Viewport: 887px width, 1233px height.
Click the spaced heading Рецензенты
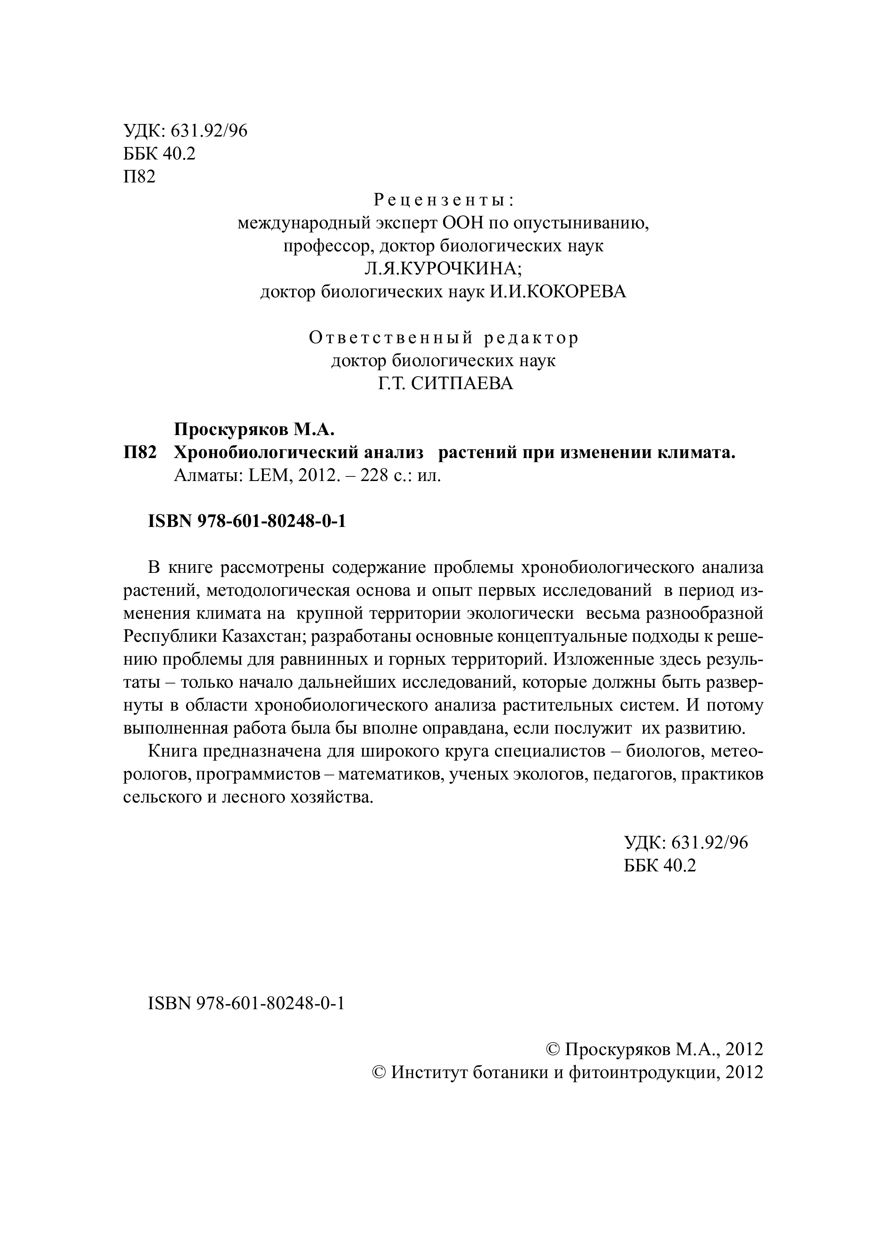443,200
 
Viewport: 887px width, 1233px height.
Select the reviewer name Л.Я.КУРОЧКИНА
443,268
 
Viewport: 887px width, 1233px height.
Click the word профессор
328,246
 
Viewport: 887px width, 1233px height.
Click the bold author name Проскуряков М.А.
254,430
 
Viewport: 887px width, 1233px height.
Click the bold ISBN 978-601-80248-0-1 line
247,522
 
